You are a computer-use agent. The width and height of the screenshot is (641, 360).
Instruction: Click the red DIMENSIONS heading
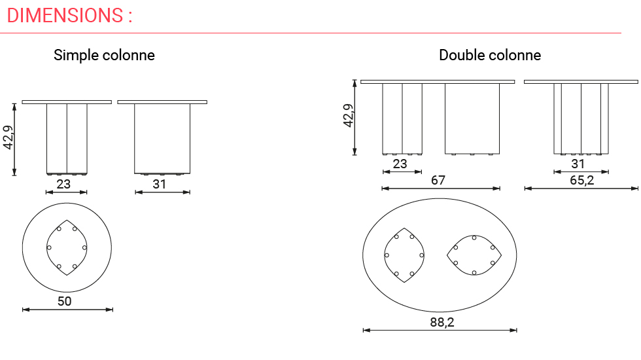[69, 15]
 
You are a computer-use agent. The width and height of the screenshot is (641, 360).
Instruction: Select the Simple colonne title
[104, 55]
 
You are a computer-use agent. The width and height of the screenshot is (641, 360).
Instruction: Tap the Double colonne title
[490, 55]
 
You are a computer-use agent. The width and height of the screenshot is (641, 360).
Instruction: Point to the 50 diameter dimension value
[65, 301]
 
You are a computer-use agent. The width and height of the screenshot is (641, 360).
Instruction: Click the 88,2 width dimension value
[442, 322]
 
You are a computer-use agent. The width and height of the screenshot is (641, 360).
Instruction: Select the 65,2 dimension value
[581, 180]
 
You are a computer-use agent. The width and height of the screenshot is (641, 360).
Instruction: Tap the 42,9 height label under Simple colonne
[9, 138]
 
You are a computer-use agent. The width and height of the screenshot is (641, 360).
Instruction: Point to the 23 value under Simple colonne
[63, 184]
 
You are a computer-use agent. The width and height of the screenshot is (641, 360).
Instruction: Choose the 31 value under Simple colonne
[160, 184]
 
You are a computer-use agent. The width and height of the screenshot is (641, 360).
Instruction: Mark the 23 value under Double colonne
[400, 164]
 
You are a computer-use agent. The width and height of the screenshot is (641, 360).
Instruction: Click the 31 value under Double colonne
[578, 164]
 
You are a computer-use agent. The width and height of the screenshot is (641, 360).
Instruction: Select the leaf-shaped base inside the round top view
[67, 247]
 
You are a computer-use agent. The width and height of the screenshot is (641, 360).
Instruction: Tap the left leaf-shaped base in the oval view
[404, 255]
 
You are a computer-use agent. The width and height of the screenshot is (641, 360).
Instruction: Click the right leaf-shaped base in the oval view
[474, 254]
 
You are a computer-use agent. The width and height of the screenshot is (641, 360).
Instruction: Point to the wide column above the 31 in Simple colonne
[162, 138]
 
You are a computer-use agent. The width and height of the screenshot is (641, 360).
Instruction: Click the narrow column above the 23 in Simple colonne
[67, 138]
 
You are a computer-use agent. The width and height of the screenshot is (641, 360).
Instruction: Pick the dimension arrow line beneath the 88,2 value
[440, 331]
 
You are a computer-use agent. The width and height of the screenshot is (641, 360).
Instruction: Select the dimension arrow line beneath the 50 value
[67, 310]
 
